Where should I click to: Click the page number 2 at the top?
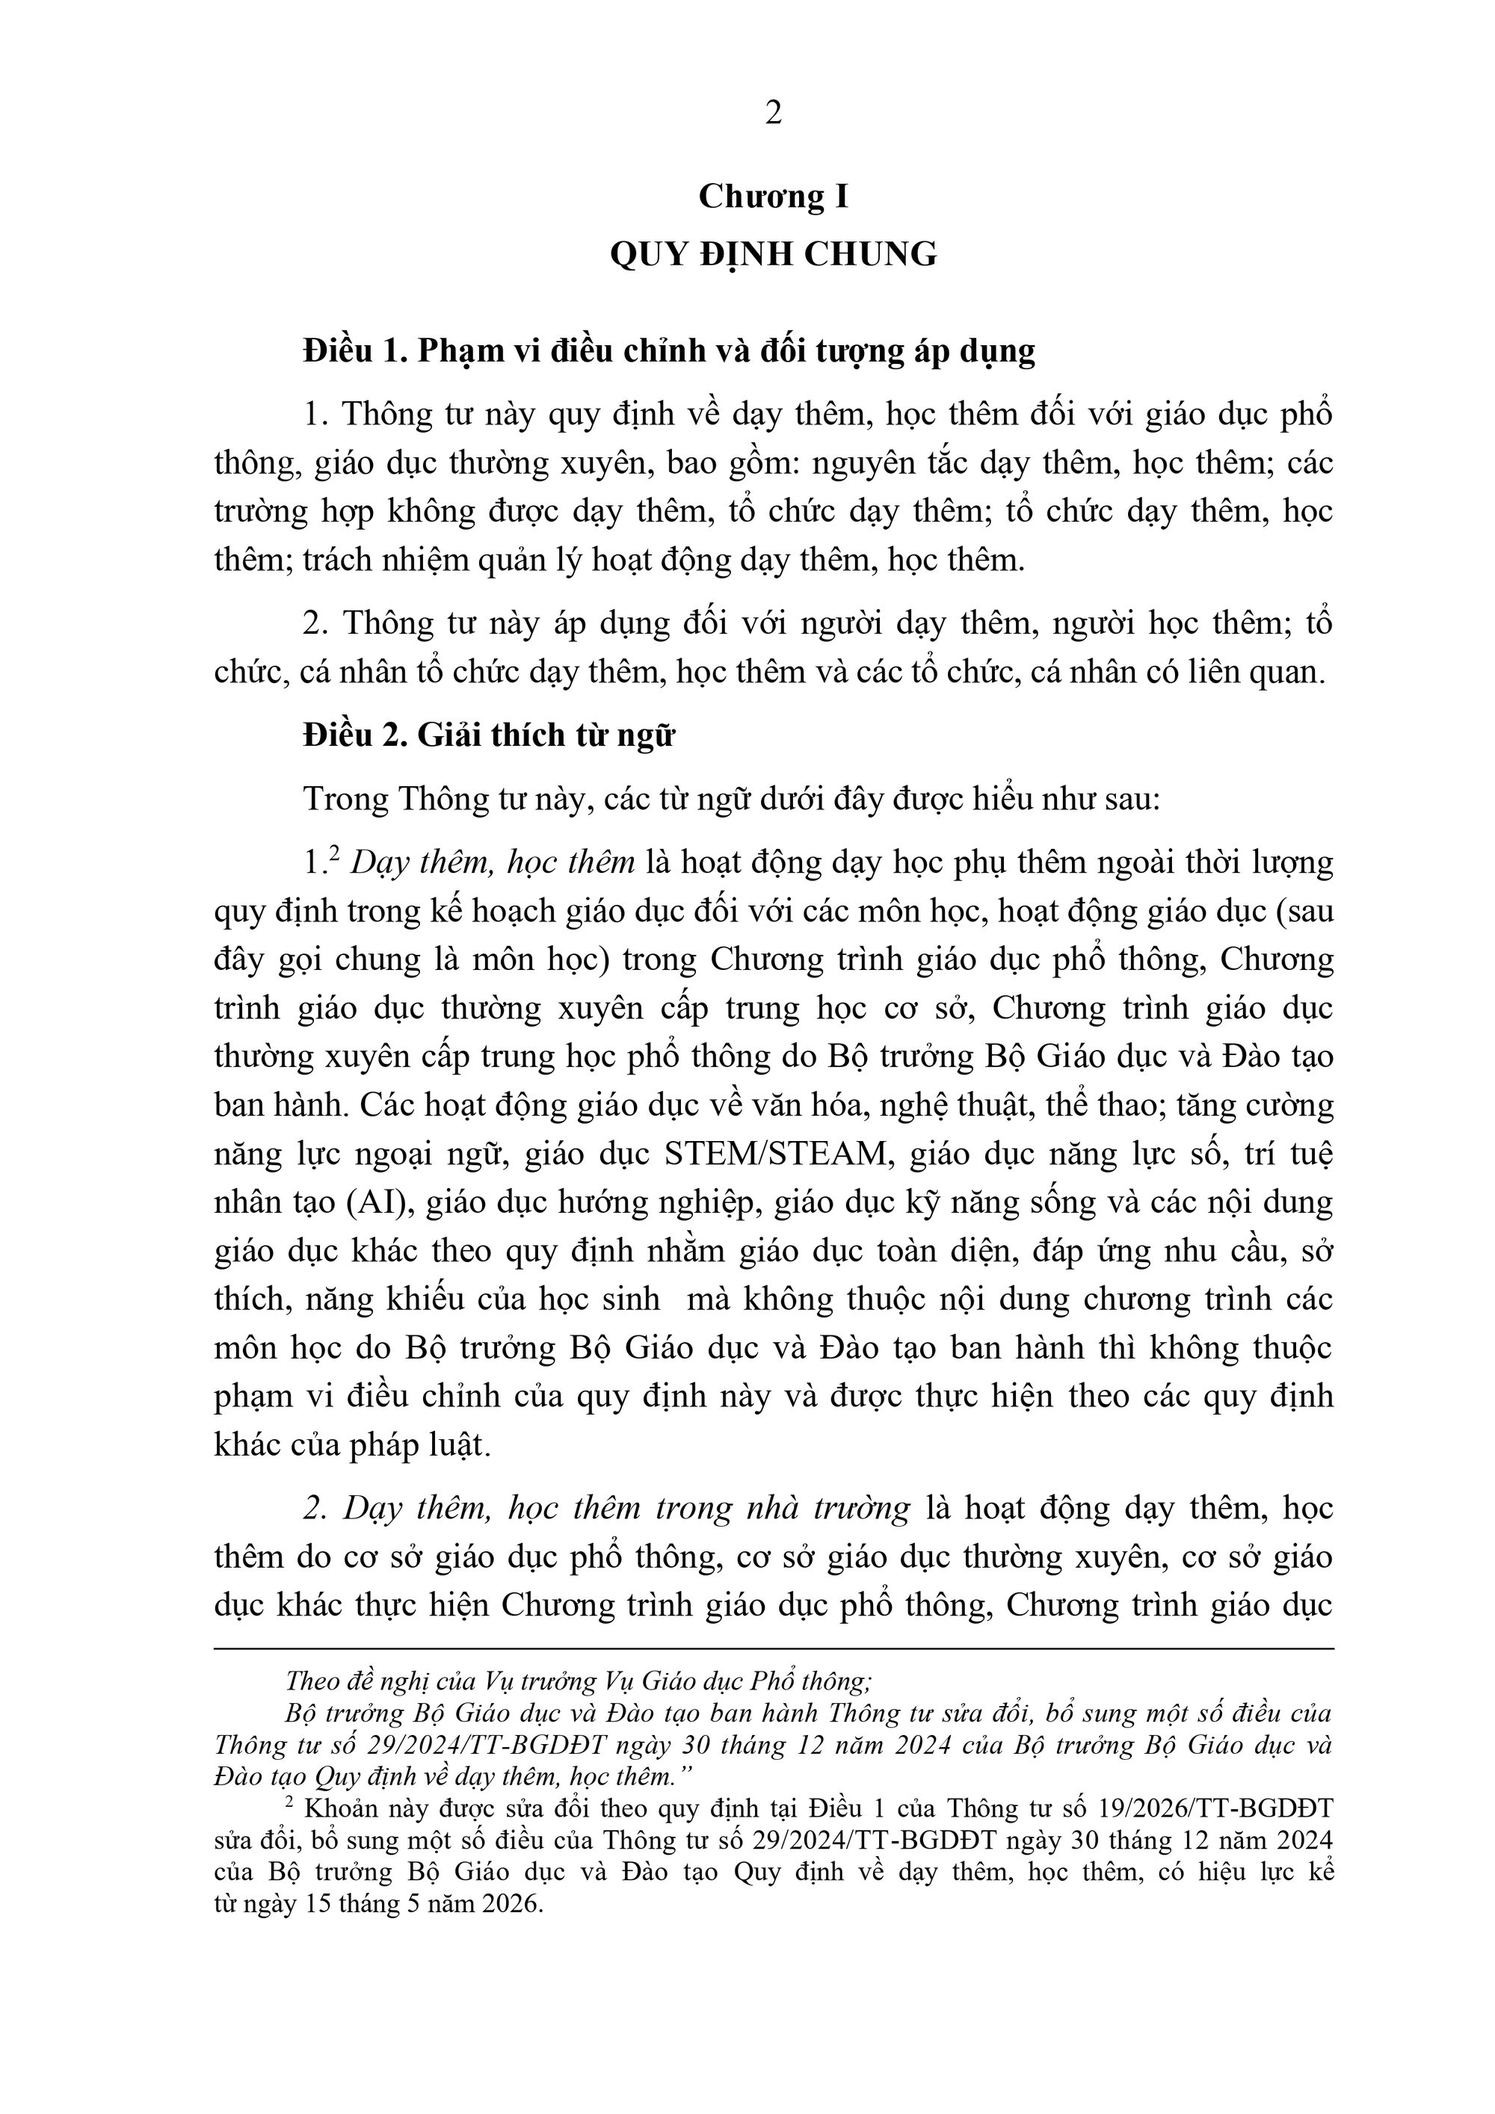pos(773,114)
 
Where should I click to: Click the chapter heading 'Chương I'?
pos(773,197)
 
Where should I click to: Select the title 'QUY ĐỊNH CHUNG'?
pos(773,254)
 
